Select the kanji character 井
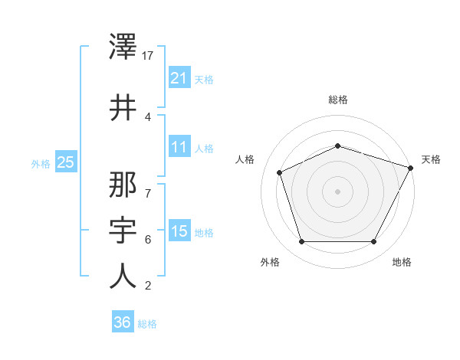[123, 107]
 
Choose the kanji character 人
[123, 276]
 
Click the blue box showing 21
[179, 77]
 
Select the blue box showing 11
[179, 147]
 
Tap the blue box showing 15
[179, 231]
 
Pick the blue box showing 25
[66, 162]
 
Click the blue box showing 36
[123, 322]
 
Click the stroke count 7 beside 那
[147, 186]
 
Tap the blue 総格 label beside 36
[147, 324]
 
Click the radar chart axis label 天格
[432, 159]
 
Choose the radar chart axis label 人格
[245, 159]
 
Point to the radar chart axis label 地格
[402, 262]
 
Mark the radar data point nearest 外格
[301, 242]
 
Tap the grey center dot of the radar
[337, 191]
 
